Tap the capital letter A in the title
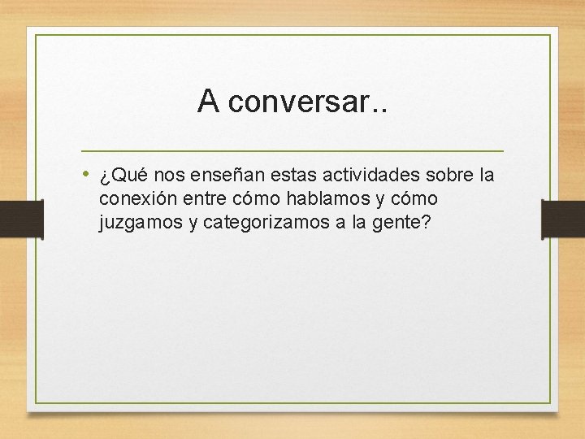pos(208,102)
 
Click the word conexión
pos(137,199)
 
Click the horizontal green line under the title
pos(292,151)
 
